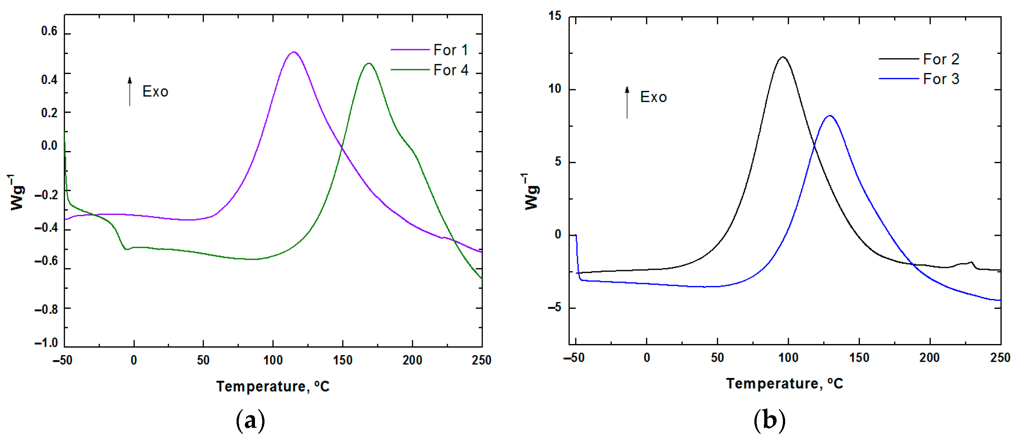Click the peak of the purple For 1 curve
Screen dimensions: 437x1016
coord(293,52)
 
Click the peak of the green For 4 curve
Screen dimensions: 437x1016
coord(369,63)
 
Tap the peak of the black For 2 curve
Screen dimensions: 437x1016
coord(783,57)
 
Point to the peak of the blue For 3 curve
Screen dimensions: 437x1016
coord(830,116)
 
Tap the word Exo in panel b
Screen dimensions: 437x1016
coord(653,97)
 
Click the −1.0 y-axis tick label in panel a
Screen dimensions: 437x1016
coord(46,343)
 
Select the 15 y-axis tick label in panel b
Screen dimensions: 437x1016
coord(555,16)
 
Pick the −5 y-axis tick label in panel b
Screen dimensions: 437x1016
coord(554,308)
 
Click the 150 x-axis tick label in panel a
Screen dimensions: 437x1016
coord(342,360)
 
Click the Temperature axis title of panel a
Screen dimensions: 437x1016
coord(272,386)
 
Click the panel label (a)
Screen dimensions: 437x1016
coord(250,421)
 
